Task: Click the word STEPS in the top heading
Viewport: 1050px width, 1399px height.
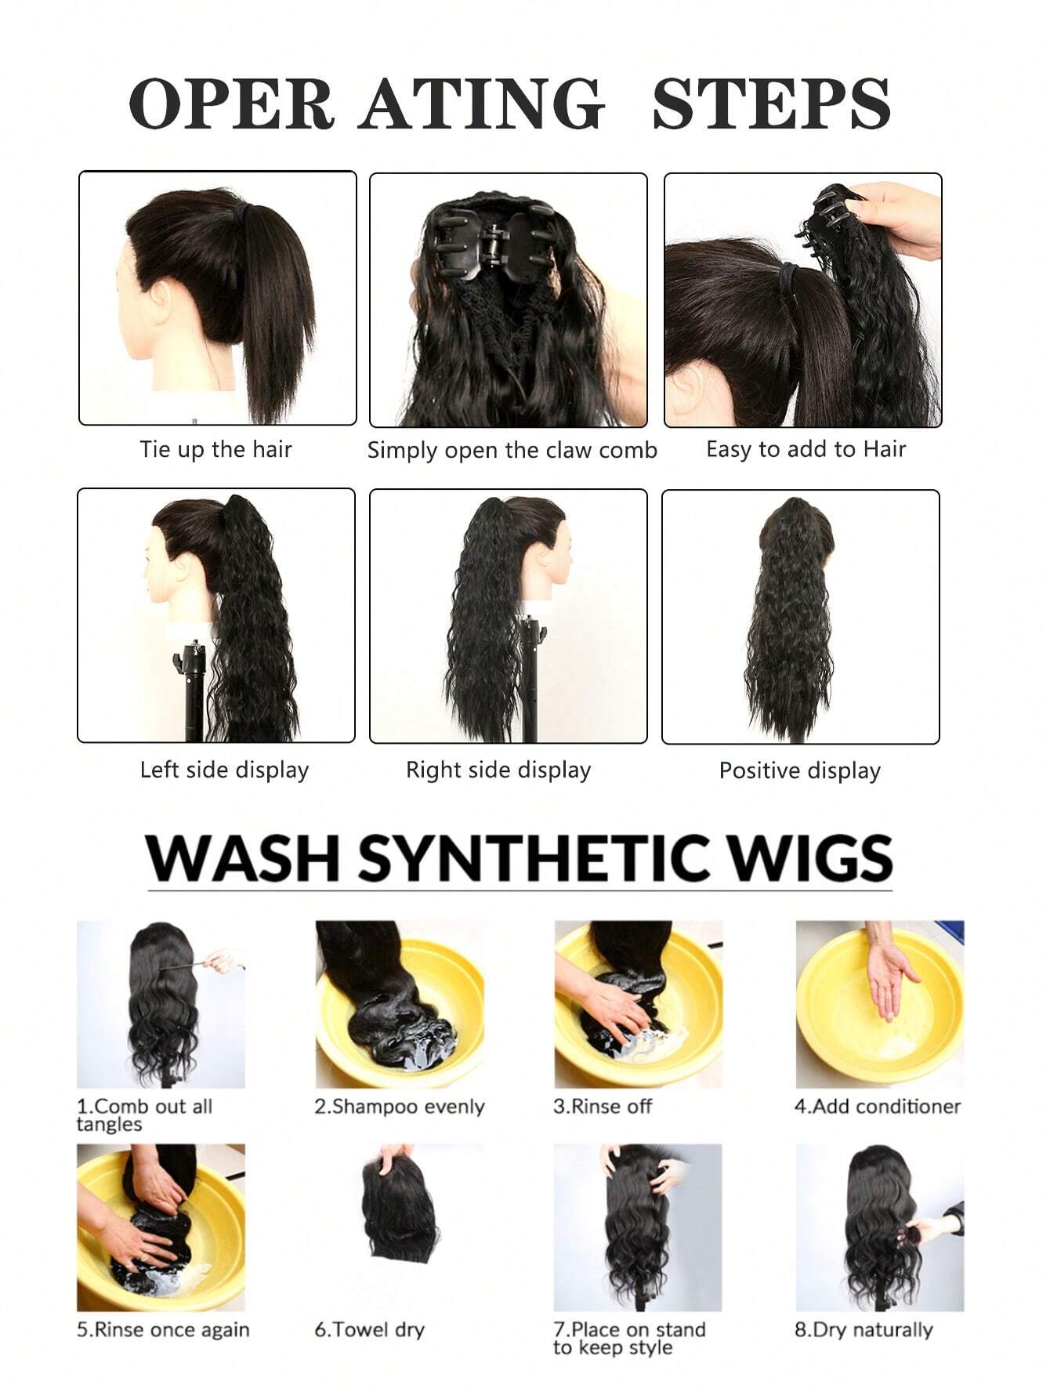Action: tap(771, 103)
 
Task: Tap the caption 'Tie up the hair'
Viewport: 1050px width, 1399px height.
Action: tap(215, 450)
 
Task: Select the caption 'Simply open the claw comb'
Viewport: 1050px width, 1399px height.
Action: tap(512, 451)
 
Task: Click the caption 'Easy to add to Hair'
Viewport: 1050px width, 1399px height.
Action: tap(806, 449)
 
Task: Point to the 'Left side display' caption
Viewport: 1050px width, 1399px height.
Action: tap(224, 770)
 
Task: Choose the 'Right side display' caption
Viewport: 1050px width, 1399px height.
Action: tap(498, 770)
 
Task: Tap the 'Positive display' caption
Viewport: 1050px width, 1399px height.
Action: tap(799, 770)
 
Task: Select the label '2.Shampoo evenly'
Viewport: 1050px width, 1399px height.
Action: tap(400, 1107)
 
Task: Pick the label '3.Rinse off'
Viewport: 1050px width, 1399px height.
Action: tap(603, 1107)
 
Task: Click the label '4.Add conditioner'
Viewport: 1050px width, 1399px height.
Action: tap(877, 1107)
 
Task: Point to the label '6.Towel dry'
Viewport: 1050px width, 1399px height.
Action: tap(369, 1330)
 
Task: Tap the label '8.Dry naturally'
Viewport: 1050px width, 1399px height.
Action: tap(864, 1330)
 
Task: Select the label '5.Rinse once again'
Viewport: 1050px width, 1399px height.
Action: tap(163, 1330)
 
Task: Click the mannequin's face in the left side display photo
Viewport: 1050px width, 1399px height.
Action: tap(157, 571)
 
